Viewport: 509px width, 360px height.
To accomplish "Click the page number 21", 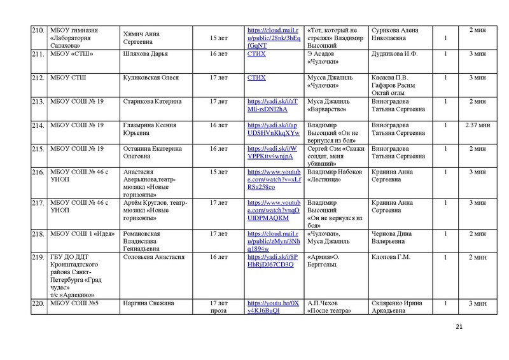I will (460, 327).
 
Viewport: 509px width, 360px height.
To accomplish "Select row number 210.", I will (38, 30).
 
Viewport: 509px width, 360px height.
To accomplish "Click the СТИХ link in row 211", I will (256, 54).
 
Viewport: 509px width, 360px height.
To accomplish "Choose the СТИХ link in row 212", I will (256, 78).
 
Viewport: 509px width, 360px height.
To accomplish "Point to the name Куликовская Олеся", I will (151, 78).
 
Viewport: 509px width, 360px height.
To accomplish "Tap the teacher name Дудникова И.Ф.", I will (394, 54).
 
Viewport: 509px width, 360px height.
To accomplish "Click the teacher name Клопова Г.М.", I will (390, 257).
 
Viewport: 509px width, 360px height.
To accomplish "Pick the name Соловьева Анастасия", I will (153, 257).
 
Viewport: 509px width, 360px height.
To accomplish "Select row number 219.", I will (38, 257).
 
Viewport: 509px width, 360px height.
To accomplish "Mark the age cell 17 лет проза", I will (218, 307).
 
